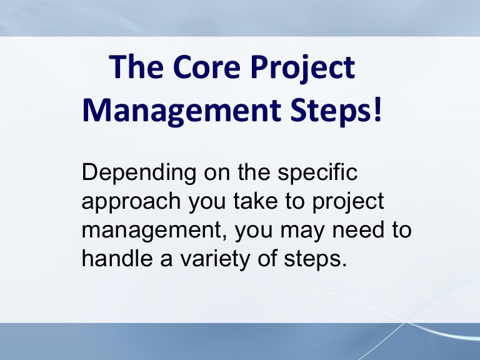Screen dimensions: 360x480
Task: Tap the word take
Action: (262, 201)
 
